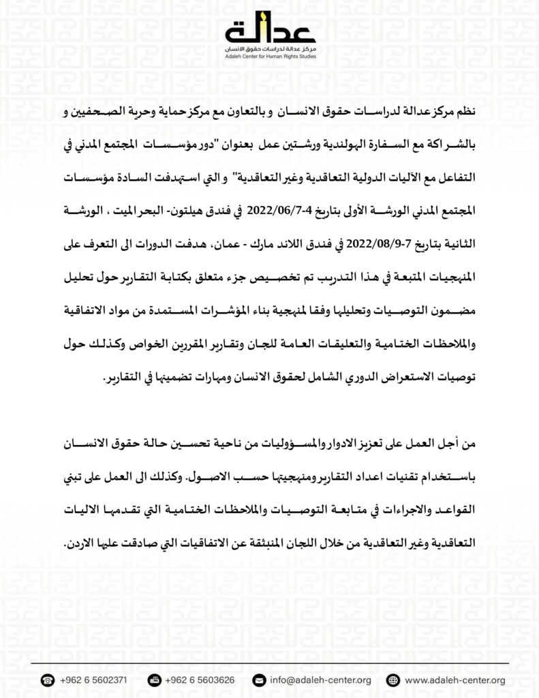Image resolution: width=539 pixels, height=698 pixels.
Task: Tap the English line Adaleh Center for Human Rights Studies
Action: [280, 57]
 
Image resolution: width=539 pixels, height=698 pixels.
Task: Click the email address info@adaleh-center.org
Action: [320, 680]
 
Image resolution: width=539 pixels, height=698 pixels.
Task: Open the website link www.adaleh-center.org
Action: [455, 680]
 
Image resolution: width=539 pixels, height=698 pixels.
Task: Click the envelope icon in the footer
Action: [258, 680]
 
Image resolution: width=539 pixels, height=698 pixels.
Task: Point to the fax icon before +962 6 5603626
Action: [154, 680]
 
